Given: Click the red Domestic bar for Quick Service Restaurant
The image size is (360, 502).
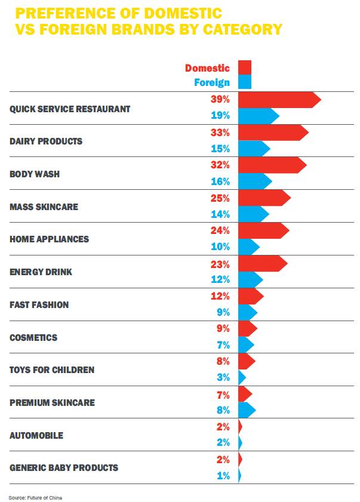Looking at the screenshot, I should point(278,100).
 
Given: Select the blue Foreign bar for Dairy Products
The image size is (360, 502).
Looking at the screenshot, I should point(253,149).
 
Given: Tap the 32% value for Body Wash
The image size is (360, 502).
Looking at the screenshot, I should point(220,165).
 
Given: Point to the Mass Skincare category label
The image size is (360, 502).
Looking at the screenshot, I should point(44,207).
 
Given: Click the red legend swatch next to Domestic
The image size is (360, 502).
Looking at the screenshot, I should point(245,67).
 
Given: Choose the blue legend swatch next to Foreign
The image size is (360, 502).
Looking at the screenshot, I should point(245,82).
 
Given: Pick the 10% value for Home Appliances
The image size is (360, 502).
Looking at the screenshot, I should point(220,247).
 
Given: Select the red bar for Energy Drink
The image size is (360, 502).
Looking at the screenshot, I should point(261,263).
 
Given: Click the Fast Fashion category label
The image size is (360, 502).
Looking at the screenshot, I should point(39,304).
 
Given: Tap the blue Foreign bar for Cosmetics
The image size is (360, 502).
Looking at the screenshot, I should point(245,345).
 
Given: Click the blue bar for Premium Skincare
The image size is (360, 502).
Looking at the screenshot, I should point(246,410).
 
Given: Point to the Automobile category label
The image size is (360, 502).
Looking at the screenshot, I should point(36,435).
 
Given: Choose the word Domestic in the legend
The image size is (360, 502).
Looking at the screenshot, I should point(207,68).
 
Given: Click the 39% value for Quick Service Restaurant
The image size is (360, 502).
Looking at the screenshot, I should point(220,100).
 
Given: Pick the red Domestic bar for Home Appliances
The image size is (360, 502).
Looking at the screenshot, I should point(262,230).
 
